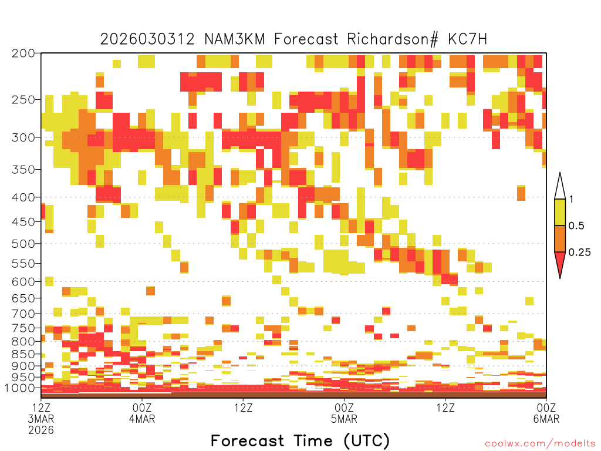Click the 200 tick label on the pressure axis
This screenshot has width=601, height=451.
(23, 53)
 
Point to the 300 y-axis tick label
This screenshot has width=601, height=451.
(23, 137)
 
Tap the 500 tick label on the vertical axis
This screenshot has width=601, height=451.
(23, 244)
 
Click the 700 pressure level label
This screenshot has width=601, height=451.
(23, 314)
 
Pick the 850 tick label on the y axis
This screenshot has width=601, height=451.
(23, 354)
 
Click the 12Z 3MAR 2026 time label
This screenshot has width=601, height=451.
(41, 419)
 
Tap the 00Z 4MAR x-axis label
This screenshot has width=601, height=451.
(142, 413)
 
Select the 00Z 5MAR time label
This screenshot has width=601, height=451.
(344, 413)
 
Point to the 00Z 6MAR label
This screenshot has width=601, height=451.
(546, 413)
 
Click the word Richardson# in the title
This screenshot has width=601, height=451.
(393, 39)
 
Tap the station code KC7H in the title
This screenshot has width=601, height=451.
(467, 39)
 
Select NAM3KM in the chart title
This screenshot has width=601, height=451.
(235, 39)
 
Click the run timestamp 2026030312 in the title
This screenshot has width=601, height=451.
(147, 39)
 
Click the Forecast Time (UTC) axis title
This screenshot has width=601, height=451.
(300, 441)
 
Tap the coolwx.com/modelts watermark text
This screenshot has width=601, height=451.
(540, 444)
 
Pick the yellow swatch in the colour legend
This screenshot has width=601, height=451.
(560, 212)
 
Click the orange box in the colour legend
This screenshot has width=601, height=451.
(560, 238)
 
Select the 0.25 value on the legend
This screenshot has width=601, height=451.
(579, 252)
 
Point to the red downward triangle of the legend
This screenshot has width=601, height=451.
(560, 262)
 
